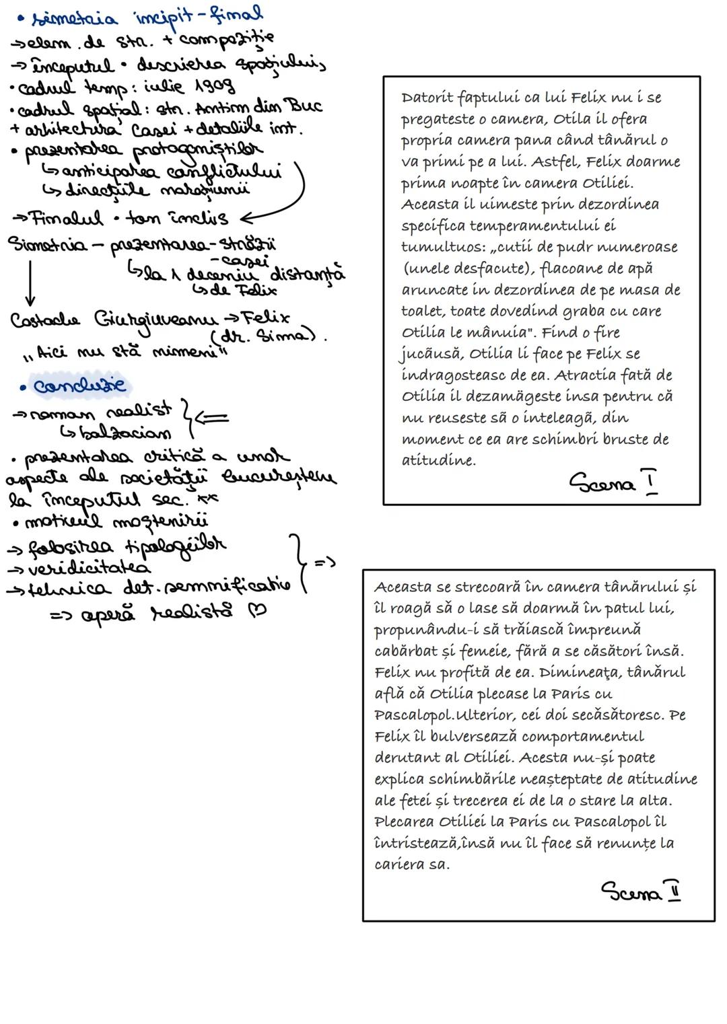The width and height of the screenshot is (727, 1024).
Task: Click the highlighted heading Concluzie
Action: click(x=79, y=386)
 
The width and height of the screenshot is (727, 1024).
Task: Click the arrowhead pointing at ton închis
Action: click(x=246, y=219)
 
